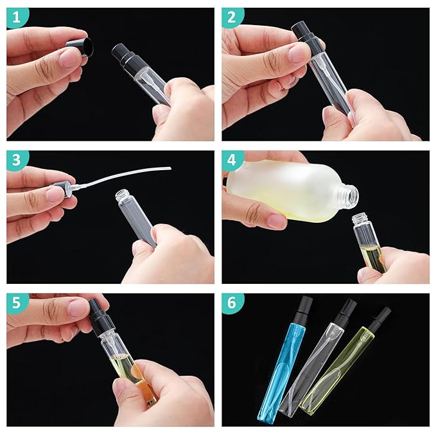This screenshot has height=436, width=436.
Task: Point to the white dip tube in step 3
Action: coord(128,174)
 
